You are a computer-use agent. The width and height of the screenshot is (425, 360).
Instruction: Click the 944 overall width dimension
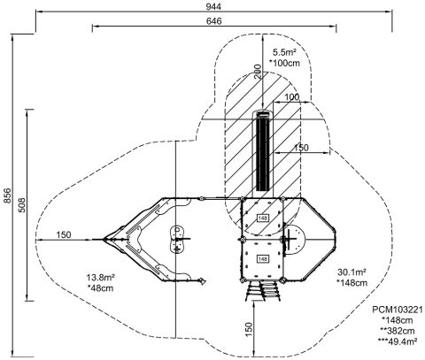click(x=213, y=6)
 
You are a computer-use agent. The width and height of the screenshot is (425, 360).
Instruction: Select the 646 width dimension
click(x=213, y=21)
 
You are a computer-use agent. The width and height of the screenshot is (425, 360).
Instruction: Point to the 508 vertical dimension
click(x=21, y=205)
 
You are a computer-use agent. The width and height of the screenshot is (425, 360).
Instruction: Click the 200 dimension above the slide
click(x=258, y=72)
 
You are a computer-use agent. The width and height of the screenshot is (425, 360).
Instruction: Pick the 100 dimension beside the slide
click(x=291, y=97)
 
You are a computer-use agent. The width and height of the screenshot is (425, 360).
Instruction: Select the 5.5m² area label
click(x=284, y=52)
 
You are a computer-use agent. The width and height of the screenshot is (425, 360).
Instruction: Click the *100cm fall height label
click(x=284, y=63)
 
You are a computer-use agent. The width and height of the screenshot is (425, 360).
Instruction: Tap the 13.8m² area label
click(x=101, y=278)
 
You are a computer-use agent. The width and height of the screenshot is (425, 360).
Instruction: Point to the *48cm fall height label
click(x=101, y=288)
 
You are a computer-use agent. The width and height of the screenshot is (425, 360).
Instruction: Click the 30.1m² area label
click(x=352, y=272)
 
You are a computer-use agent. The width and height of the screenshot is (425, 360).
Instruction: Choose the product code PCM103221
click(x=398, y=310)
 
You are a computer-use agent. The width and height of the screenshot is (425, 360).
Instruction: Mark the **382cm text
click(x=398, y=331)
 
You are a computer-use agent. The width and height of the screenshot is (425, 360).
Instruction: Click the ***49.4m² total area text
click(x=398, y=341)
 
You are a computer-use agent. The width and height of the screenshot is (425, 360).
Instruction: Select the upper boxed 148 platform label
click(x=262, y=218)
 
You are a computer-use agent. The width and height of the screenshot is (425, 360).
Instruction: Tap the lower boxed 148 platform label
click(x=262, y=259)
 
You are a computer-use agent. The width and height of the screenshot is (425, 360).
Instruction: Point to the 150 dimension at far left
click(x=64, y=234)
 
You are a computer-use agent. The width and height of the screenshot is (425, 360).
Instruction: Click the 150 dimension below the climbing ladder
click(x=249, y=329)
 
